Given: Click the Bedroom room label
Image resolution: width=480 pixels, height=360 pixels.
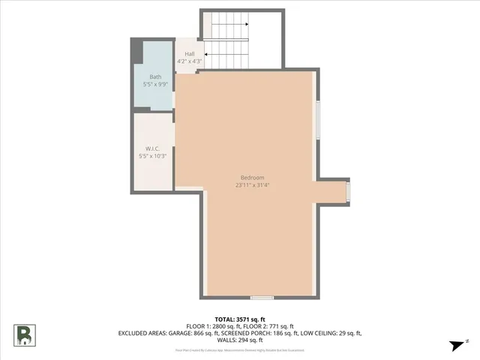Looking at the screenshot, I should [252, 177].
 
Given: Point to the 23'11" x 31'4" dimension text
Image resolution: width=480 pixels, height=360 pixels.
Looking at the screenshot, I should [252, 184].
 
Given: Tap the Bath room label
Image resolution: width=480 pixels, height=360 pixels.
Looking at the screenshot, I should [154, 77].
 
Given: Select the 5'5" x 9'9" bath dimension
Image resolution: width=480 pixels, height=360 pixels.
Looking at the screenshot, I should [154, 85].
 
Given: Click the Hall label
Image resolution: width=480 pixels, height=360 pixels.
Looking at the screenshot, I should [190, 54].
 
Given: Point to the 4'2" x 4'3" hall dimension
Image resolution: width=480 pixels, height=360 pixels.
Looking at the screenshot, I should [190, 61].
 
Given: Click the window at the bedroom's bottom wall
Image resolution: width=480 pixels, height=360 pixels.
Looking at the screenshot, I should [262, 298].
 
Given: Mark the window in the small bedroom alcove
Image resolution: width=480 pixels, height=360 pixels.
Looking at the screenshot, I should [348, 191].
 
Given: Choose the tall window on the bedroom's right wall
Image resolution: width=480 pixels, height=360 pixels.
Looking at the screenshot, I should [317, 120].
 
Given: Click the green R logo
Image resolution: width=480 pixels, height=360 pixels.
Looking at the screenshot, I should [25, 335].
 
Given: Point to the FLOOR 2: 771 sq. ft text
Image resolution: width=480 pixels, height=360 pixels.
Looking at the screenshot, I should [272, 325].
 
